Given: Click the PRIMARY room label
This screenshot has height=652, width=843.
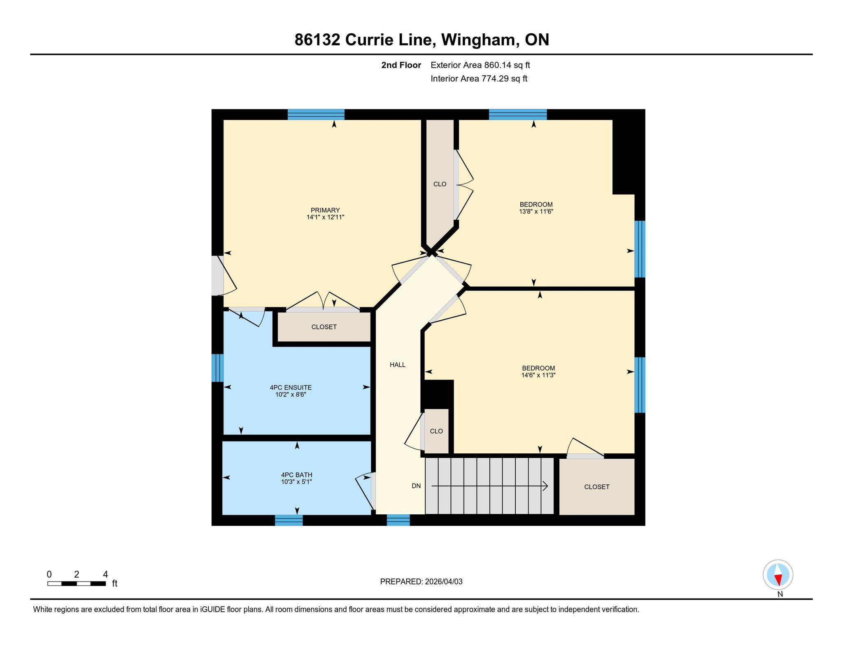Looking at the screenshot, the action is coord(325,210).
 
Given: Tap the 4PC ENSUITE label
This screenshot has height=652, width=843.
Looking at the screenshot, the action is coord(291,387).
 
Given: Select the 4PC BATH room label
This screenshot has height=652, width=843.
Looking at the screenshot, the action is coord(296,475).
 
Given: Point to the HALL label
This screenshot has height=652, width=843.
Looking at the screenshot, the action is coord(398,365).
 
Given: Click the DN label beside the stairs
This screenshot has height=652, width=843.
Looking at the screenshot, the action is coord(416,486).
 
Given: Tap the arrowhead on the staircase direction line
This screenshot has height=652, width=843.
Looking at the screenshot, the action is coord(545,486).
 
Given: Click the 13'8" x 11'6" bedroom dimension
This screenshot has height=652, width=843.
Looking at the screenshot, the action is coord(536,211).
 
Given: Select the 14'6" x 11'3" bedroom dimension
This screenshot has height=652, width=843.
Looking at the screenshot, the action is coord(538,375).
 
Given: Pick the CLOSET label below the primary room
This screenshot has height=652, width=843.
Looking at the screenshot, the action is coord(324,327).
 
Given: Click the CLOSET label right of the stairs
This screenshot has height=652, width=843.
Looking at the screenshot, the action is coord(597,487).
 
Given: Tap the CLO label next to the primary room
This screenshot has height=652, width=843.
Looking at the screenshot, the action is coord(440,184).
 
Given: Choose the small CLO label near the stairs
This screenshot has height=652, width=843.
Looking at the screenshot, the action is coord(436,431).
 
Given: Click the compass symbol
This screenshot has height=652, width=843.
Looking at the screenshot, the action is coord(778,575).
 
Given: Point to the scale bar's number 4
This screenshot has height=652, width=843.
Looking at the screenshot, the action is coord(105,574).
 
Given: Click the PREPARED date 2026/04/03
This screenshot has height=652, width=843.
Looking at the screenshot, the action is coord(444,582).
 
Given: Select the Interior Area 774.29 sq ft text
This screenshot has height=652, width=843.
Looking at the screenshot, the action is coord(479,78).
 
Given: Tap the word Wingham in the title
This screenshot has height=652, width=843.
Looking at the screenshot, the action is coord(478,40).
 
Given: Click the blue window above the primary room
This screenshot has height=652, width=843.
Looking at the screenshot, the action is coord(316,114).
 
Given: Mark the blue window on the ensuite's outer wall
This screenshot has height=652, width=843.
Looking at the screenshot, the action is coord(217,368).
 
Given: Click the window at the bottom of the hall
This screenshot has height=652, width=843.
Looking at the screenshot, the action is coord(398,520).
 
